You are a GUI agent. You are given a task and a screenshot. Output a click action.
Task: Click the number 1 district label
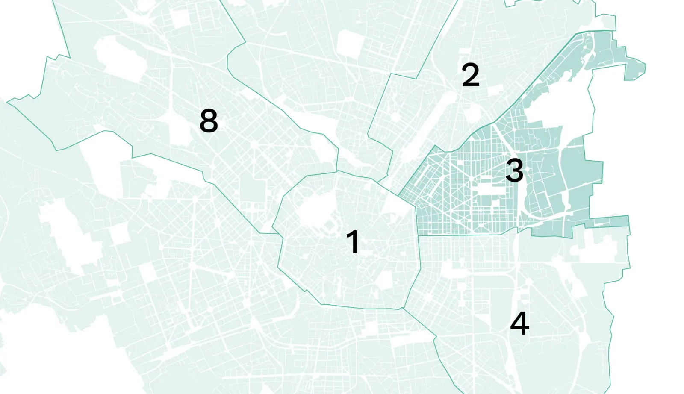coord(353,242)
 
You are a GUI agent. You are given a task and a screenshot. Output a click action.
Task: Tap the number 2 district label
coord(470,75)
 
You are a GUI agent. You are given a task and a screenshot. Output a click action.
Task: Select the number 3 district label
coord(514,170)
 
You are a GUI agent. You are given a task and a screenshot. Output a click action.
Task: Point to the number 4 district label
coord(519,323)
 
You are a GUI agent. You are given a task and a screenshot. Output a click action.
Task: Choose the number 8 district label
coord(209,121)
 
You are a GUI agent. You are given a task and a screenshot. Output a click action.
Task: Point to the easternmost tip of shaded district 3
coord(645,67)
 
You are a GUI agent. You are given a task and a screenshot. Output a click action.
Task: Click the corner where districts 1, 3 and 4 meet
coord(418,235)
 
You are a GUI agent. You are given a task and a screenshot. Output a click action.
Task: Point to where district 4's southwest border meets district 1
coord(402,308)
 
